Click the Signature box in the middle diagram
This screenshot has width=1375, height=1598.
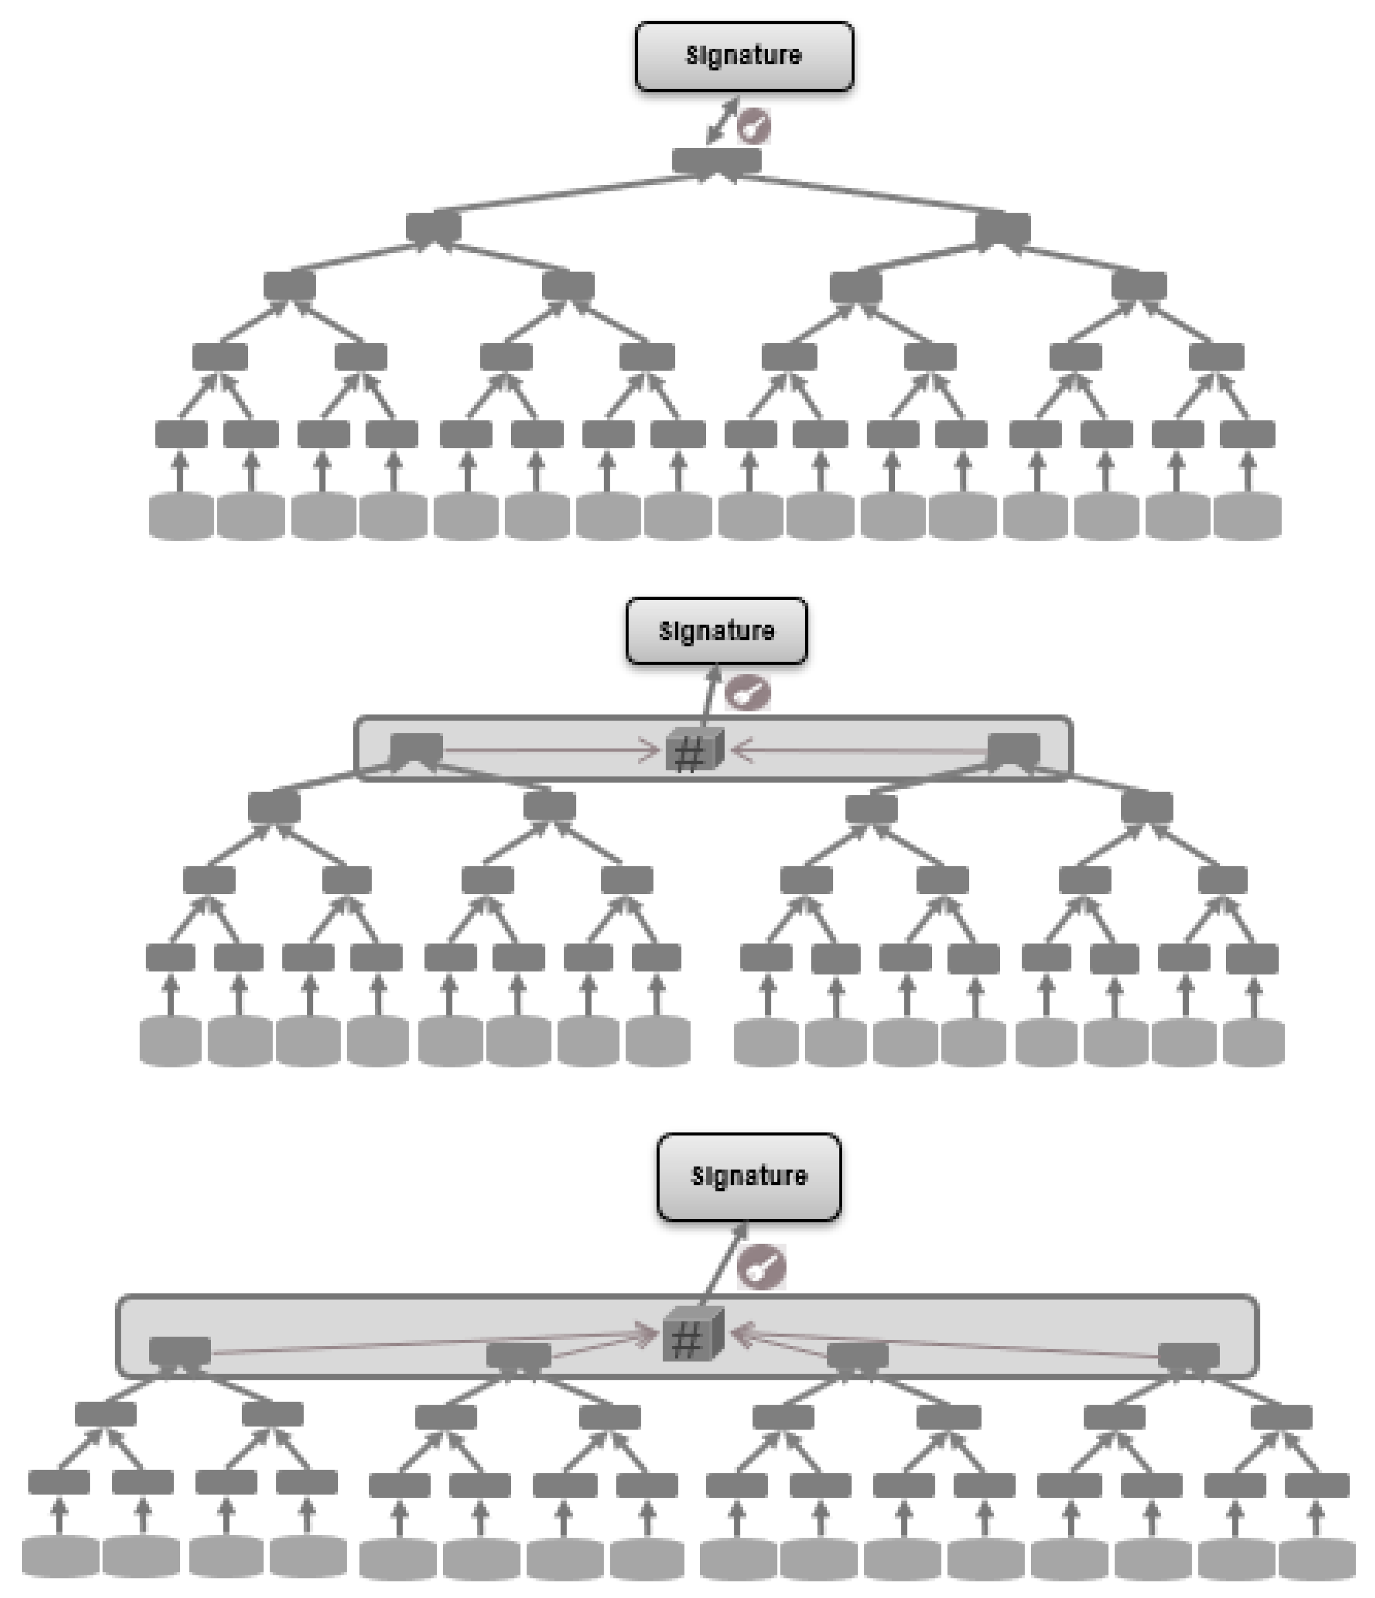[717, 631]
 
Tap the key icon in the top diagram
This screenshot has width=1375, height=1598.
[754, 126]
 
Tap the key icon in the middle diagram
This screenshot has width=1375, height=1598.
[747, 692]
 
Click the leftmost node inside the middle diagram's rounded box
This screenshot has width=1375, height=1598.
[416, 748]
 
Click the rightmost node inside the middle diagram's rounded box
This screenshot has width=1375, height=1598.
[1013, 748]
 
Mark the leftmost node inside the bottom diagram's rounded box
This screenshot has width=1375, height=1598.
[179, 1350]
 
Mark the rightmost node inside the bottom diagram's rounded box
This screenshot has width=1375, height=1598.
[1188, 1355]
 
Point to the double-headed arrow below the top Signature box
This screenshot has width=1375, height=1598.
[723, 120]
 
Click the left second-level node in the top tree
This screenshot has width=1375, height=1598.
[434, 227]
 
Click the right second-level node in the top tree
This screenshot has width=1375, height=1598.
[1002, 227]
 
